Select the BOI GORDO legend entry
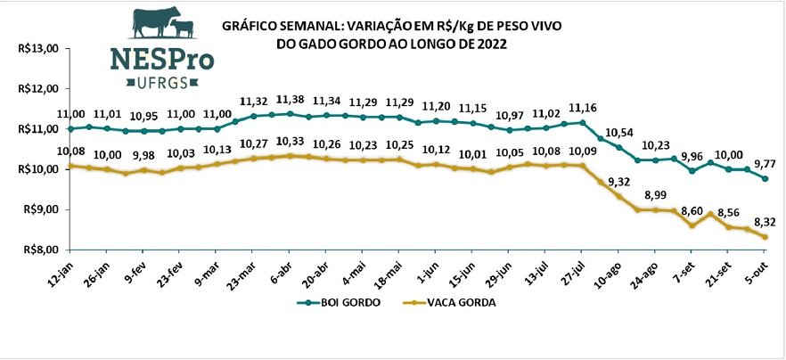tap(335, 303)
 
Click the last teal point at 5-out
tap(766, 178)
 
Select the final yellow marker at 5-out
tap(766, 237)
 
